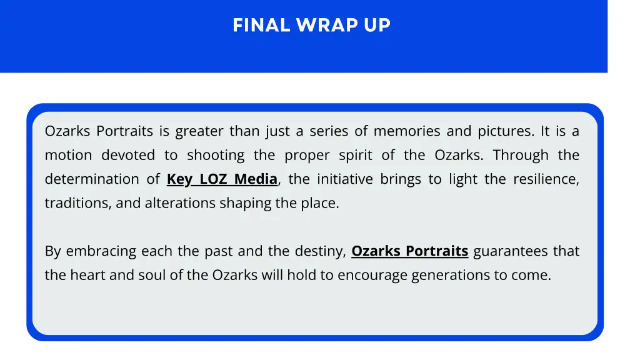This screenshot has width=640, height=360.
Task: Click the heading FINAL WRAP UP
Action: [x=311, y=25]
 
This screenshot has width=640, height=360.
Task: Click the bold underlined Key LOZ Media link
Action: [x=222, y=179]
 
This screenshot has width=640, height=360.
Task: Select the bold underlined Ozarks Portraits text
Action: [x=409, y=251]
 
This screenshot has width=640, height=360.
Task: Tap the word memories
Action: [x=407, y=131]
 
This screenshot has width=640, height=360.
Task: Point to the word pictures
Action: [x=506, y=131]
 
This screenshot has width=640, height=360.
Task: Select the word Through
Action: [x=521, y=155]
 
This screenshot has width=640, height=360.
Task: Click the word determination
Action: [x=93, y=179]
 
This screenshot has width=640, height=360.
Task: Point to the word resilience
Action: [x=546, y=179]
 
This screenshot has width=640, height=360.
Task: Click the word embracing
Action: [x=101, y=251]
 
